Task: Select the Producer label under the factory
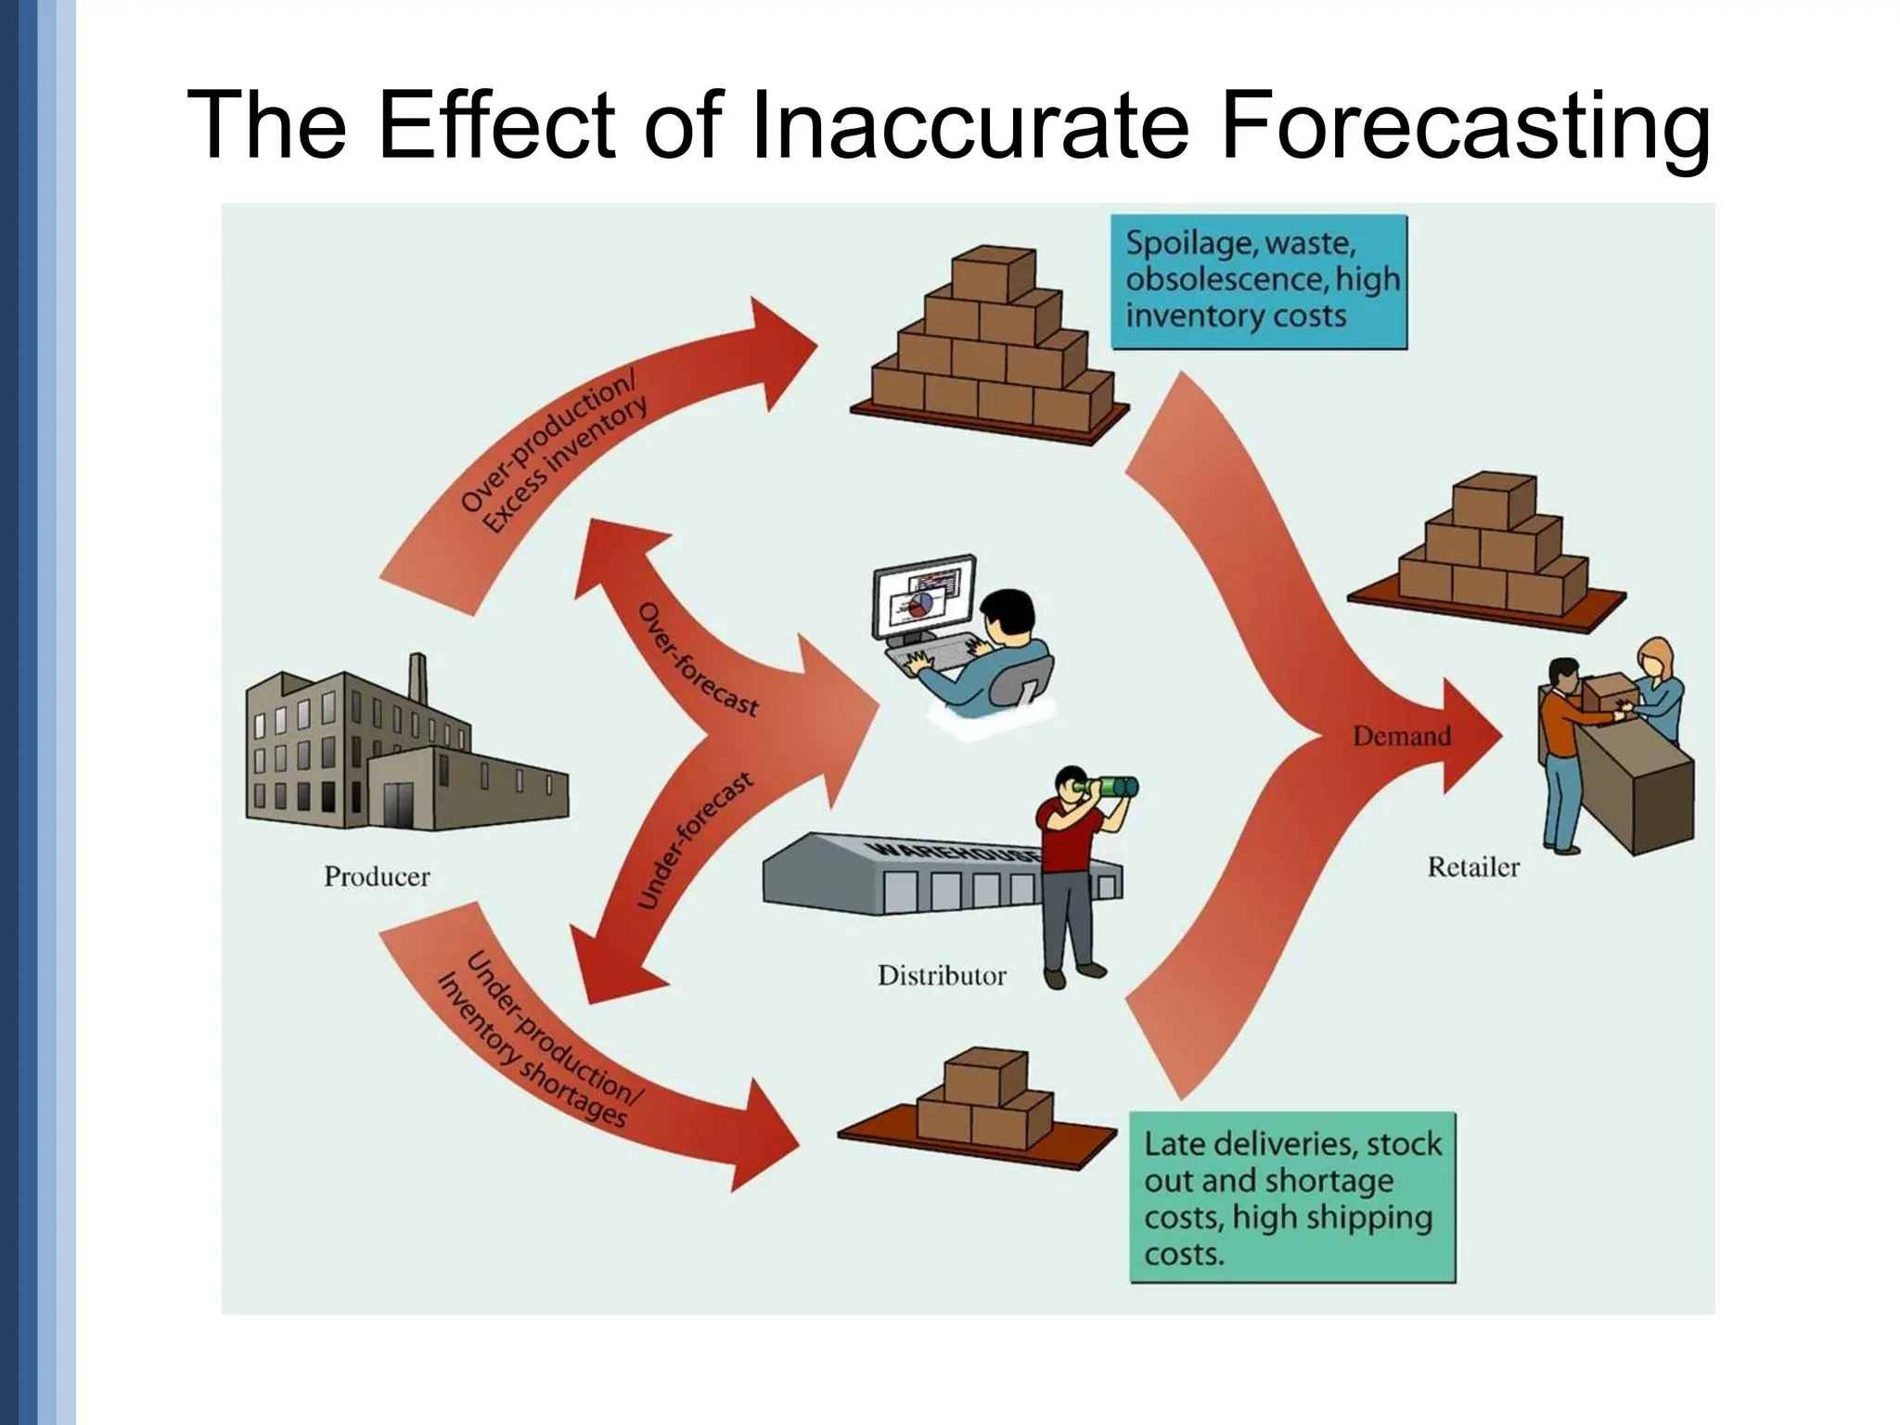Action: tap(377, 877)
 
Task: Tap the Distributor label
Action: tap(942, 975)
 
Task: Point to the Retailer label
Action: tap(1472, 867)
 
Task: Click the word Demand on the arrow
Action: tap(1401, 737)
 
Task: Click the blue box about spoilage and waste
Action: tap(1259, 281)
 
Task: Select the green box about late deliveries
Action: tap(1291, 1198)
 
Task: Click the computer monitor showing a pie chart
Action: tap(924, 597)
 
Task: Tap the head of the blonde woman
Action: tap(1655, 657)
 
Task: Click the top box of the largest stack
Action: tap(993, 270)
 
